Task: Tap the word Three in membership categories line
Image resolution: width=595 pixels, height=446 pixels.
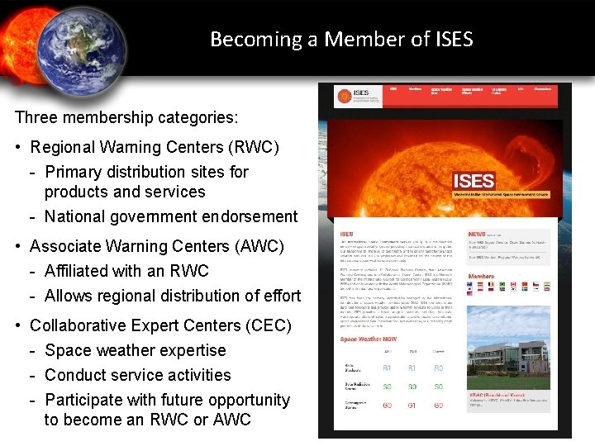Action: [36, 116]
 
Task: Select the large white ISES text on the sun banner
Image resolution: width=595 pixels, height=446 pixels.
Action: [474, 181]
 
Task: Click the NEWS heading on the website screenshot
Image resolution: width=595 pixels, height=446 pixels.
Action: [477, 235]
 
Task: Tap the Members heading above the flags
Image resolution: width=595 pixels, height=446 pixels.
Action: [482, 277]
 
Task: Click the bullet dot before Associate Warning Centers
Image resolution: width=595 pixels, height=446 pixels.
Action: [18, 246]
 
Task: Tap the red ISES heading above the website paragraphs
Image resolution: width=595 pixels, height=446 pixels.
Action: [348, 235]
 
